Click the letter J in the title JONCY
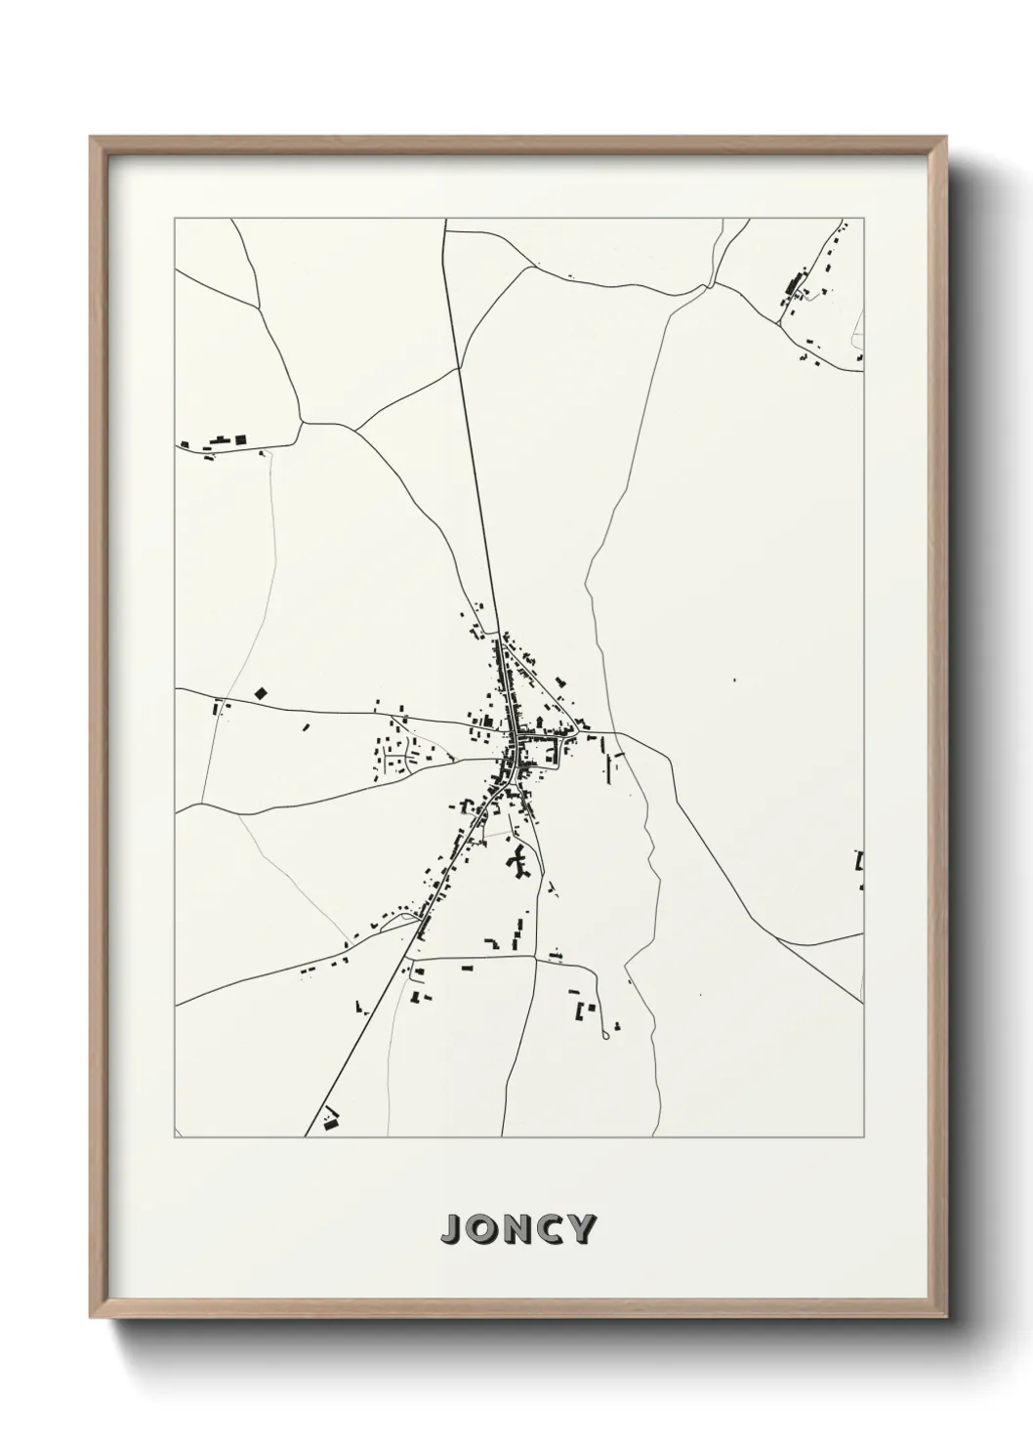click(453, 1230)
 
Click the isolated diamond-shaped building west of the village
click(260, 692)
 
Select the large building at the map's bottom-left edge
click(330, 1124)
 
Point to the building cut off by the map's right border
click(859, 860)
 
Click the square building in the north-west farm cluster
click(238, 440)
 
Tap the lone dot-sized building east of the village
click(734, 680)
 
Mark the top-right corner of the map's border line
click(864, 219)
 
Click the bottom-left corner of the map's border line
click(175, 1136)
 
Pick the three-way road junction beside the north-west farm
click(302, 423)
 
